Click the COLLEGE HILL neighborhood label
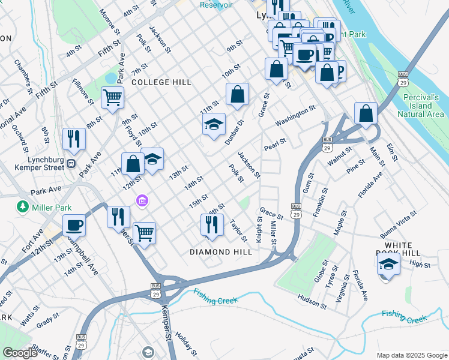(161, 82)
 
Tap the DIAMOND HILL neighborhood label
(221, 252)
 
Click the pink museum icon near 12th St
(142, 200)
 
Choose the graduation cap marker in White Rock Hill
(389, 263)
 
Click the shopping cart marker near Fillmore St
(112, 97)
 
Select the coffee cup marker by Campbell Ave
(74, 225)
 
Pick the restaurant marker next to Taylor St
(212, 224)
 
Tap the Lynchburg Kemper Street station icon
(71, 163)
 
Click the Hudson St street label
(312, 301)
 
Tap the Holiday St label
(187, 343)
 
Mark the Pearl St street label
(275, 145)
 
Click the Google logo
(20, 353)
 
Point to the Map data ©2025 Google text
(411, 355)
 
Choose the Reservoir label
(216, 5)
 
